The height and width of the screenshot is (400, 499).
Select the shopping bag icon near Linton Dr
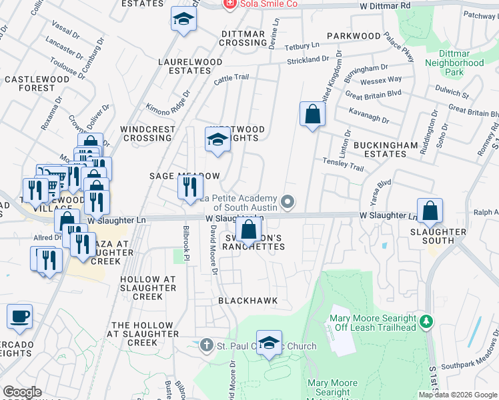tap(312, 115)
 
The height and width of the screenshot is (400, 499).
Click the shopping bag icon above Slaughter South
tap(430, 211)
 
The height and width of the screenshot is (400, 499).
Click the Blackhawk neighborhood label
tap(247, 301)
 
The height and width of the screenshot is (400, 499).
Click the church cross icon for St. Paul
tap(206, 345)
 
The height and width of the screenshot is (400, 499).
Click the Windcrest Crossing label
tap(147, 133)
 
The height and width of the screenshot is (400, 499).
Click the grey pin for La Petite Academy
tap(288, 201)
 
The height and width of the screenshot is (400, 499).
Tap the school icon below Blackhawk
tap(269, 344)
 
